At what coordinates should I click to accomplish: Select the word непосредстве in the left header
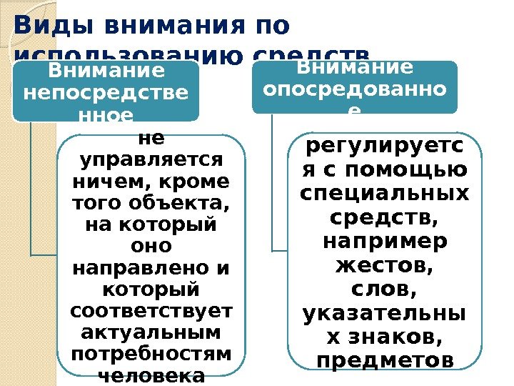click(x=106, y=93)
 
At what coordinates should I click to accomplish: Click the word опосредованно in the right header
click(x=354, y=90)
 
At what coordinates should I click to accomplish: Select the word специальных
click(x=385, y=194)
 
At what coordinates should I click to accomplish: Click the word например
click(x=385, y=241)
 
